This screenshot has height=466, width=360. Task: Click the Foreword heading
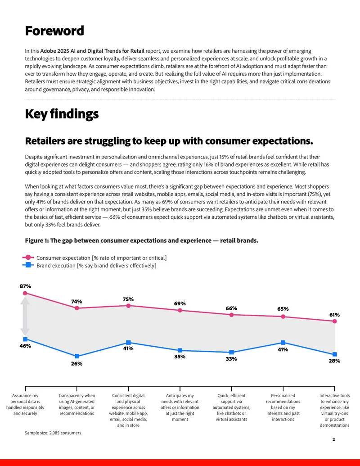[54, 31]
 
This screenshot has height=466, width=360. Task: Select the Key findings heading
[62, 114]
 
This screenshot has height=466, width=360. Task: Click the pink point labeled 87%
[25, 293]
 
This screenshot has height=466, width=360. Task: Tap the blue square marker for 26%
[77, 356]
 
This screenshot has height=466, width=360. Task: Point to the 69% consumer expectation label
[180, 303]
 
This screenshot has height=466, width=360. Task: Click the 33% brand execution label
[231, 359]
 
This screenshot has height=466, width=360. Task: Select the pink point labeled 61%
[334, 321]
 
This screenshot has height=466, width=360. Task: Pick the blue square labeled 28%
[334, 354]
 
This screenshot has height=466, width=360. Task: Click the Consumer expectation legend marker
[28, 258]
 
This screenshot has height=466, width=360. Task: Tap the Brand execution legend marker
[28, 265]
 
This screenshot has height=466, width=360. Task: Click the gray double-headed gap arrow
[25, 316]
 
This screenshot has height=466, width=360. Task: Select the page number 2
[333, 439]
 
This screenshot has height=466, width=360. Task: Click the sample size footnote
[53, 433]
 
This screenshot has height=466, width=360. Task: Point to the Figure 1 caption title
[142, 240]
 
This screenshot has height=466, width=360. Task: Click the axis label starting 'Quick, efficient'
[231, 407]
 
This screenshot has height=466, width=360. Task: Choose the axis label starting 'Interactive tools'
[334, 411]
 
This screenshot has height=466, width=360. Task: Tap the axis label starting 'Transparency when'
[76, 404]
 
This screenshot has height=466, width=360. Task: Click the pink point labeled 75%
[128, 306]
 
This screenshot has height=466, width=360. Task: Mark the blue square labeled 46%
[25, 339]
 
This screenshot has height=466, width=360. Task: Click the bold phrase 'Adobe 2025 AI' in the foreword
[56, 51]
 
